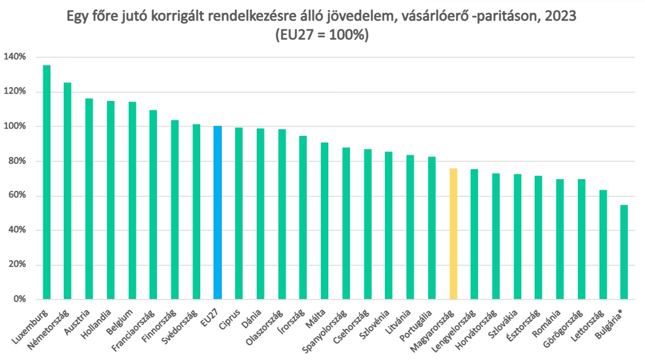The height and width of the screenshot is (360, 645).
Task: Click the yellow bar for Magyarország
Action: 453,234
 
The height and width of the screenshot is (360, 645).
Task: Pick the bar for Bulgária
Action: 624,252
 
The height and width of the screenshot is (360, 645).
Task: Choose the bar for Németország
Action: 68,191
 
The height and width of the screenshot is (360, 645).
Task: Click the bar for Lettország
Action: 603,245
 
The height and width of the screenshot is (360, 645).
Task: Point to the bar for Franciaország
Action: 154,205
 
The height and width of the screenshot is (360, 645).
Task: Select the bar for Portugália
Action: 432,228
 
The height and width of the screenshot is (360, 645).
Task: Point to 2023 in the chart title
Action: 561,16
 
